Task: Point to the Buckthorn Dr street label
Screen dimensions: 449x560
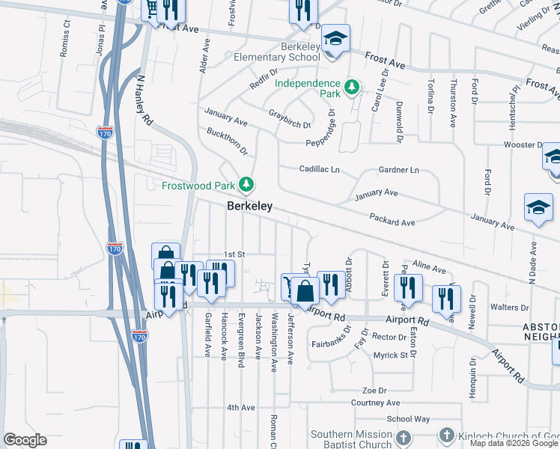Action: pos(227,141)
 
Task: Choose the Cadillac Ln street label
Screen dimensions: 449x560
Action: pos(320,170)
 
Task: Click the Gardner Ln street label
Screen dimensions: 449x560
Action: pos(398,170)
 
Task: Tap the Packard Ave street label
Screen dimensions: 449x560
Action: pos(392,219)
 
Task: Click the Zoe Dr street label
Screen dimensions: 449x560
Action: pos(374,391)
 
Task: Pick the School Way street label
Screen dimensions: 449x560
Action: pos(408,420)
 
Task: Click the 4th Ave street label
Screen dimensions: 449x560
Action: pos(242,408)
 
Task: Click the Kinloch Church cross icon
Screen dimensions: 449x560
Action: pos(447,435)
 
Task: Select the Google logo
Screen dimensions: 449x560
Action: pos(25,440)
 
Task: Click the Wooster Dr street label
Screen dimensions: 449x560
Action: pos(521,144)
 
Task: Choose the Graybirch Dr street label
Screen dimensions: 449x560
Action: pos(290,118)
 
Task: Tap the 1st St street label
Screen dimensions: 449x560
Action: pos(235,255)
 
